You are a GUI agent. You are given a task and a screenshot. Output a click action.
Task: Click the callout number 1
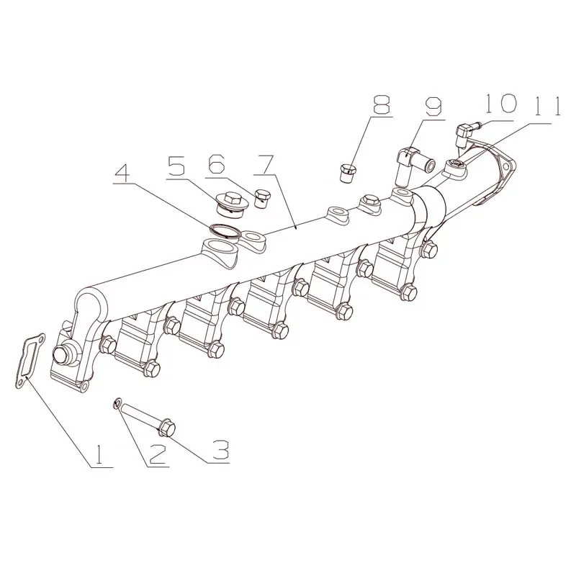pyautogui.click(x=98, y=455)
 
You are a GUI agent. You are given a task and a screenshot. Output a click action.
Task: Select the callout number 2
pyautogui.click(x=157, y=454)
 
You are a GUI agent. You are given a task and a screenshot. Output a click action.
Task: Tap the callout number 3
pyautogui.click(x=221, y=450)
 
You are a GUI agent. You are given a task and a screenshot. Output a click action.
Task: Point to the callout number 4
pyautogui.click(x=122, y=172)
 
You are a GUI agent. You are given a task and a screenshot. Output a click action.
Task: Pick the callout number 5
pyautogui.click(x=177, y=166)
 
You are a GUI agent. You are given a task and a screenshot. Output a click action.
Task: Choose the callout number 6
pyautogui.click(x=215, y=166)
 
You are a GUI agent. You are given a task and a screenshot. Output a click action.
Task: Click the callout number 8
pyautogui.click(x=381, y=104)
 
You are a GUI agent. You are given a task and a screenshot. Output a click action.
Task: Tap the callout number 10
pyautogui.click(x=501, y=103)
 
